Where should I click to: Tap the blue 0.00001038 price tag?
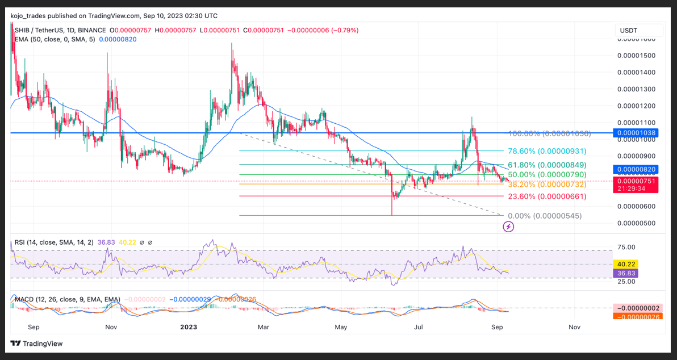pos(637,132)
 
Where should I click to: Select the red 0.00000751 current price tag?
pos(637,181)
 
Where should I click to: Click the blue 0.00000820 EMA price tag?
pos(637,169)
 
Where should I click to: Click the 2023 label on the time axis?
pos(189,327)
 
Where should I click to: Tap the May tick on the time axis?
pos(341,327)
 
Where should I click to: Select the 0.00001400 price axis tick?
pos(636,73)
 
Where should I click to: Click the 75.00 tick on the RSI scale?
pos(626,248)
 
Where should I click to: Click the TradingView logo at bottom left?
pos(36,344)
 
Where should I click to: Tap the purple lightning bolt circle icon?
pos(509,227)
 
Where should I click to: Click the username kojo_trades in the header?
pos(32,16)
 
